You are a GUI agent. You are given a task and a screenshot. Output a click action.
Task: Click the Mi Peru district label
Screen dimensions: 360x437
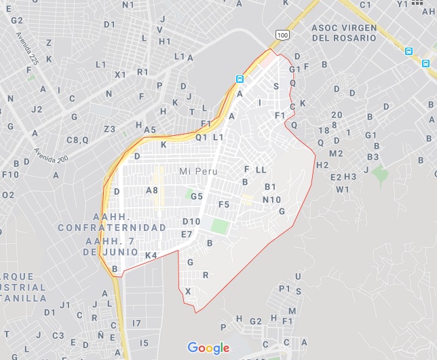click(x=199, y=172)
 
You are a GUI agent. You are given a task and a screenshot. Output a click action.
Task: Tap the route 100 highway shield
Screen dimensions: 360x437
click(x=282, y=35)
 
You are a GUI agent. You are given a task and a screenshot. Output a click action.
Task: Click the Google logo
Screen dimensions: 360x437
click(x=208, y=348)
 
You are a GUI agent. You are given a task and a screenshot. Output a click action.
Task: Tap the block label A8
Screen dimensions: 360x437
click(x=152, y=190)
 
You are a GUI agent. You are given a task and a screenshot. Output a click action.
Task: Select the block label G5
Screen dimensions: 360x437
click(x=197, y=196)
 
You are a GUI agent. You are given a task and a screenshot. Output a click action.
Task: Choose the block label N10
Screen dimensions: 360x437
click(x=271, y=199)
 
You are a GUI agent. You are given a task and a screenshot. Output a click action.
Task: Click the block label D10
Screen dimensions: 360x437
click(x=191, y=221)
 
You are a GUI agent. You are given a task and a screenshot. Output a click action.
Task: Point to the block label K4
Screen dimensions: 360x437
click(x=151, y=255)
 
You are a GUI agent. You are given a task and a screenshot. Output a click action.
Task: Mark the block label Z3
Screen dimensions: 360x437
click(x=109, y=129)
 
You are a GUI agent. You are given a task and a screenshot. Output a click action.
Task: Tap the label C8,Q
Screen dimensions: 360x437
click(x=77, y=139)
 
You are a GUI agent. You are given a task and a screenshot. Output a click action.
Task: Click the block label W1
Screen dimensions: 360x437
click(x=342, y=189)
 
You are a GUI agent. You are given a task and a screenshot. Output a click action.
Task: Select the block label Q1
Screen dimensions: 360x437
click(x=201, y=137)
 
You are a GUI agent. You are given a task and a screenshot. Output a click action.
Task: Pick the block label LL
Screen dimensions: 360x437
click(x=261, y=168)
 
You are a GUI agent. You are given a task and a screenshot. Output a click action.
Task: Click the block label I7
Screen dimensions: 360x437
click(x=136, y=323)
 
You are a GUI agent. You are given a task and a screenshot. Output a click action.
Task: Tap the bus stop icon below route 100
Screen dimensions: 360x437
click(x=239, y=79)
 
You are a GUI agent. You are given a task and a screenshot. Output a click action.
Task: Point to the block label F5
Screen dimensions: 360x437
click(x=224, y=204)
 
